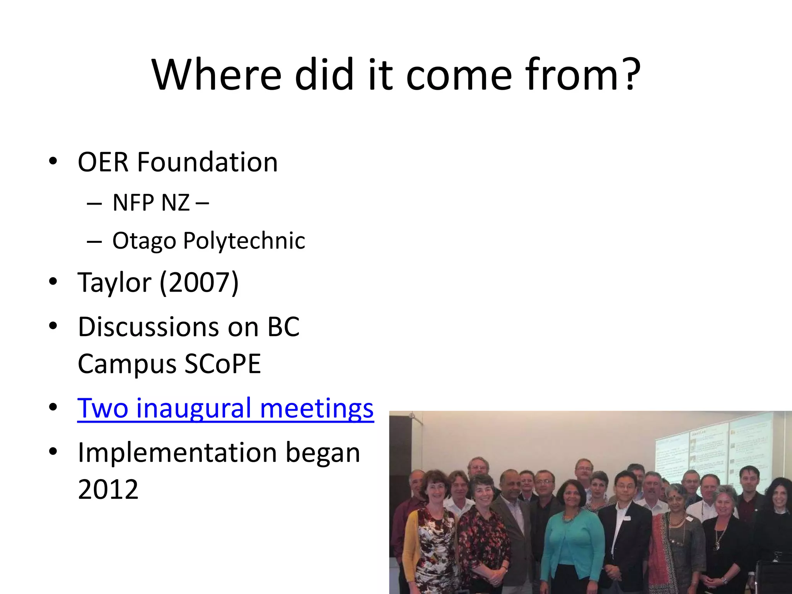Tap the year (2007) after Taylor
click(199, 282)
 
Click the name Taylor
click(114, 282)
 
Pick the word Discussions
click(149, 327)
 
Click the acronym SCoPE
click(222, 364)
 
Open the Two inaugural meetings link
click(225, 408)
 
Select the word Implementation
click(177, 452)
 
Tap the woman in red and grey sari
click(675, 541)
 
